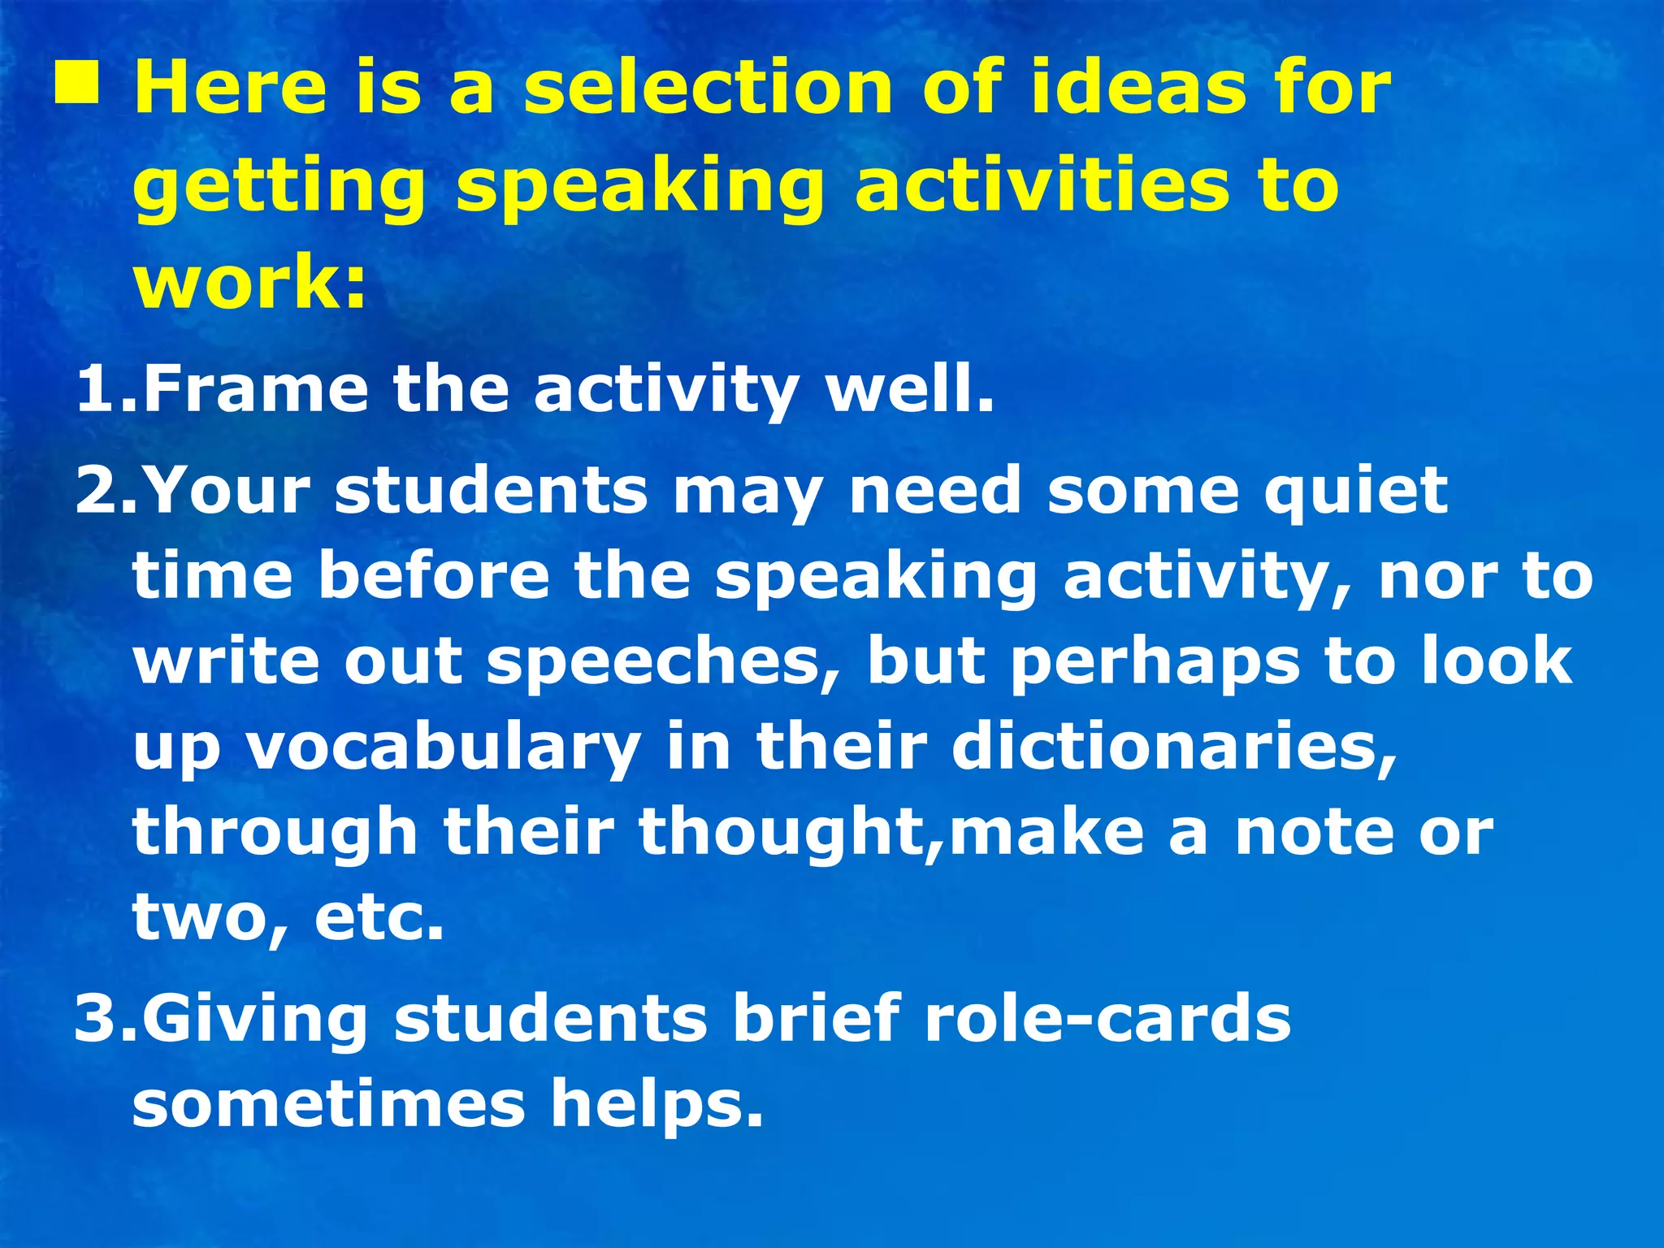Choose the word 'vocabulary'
[x=444, y=748]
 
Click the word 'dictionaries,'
[x=1174, y=747]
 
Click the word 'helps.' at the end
[x=657, y=1106]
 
